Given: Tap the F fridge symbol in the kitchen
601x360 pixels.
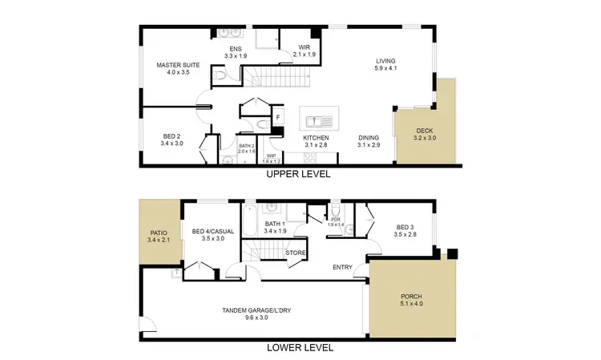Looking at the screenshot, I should [x=278, y=118].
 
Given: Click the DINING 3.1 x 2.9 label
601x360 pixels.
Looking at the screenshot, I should [x=369, y=141].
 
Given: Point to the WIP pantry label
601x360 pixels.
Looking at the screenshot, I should [x=271, y=158].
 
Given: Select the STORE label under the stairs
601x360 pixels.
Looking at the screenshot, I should [x=296, y=253].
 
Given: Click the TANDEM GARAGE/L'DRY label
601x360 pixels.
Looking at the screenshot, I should [x=256, y=313].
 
